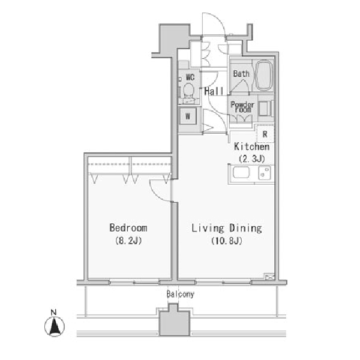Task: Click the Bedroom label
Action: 128,228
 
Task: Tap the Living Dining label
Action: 227,228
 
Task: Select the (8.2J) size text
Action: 128,241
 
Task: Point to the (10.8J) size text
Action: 227,241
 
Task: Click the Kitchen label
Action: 251,146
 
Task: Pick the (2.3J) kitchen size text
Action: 252,158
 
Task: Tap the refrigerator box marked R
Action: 265,134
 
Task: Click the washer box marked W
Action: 188,116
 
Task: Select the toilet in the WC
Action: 189,92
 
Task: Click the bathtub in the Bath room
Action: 263,76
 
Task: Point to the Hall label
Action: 214,91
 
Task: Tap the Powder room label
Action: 242,107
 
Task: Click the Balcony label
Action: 181,294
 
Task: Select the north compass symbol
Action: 55,324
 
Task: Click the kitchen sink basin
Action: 241,173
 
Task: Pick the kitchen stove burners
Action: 264,173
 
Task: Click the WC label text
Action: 190,77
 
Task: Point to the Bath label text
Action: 241,74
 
